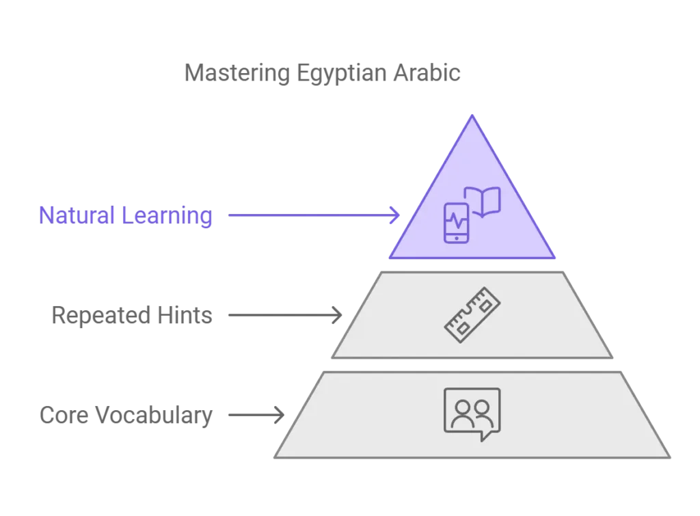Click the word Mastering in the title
pos(237,73)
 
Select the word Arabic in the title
pos(427,72)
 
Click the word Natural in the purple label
pos(77,215)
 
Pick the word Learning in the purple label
pos(167,216)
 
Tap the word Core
pos(64,415)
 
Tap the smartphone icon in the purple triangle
pos(456,223)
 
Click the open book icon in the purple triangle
pos(483,202)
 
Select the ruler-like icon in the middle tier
pos(472,315)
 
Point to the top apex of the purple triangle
pos(472,116)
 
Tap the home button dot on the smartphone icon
pos(456,239)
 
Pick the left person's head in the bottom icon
pos(463,408)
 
